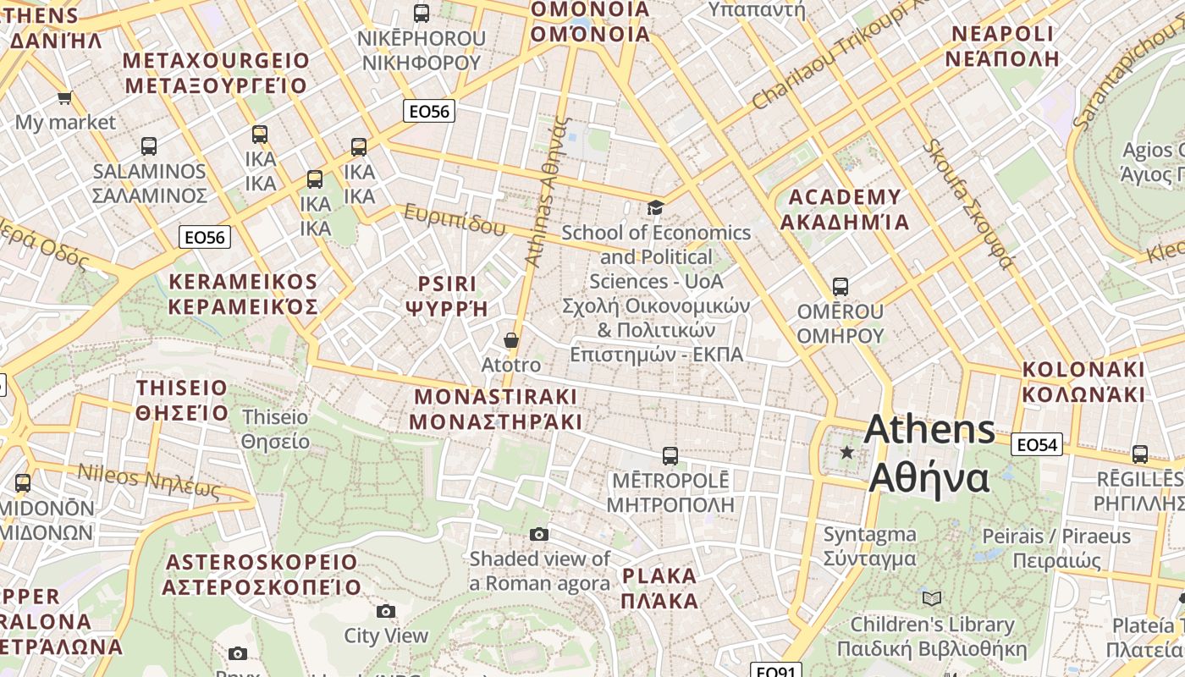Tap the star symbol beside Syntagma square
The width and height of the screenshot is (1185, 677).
point(847,453)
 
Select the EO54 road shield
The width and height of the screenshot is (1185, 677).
point(1037,444)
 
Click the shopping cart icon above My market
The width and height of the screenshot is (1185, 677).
point(64,98)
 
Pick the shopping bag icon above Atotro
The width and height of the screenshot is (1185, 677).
point(510,340)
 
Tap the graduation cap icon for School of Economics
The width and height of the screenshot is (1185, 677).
point(655,207)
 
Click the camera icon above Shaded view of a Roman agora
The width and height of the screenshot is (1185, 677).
point(539,534)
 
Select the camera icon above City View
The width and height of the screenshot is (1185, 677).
point(386,611)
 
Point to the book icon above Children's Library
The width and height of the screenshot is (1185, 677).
point(932,599)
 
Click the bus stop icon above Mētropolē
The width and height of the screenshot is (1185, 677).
point(670,456)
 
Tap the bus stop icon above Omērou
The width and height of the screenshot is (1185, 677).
point(840,287)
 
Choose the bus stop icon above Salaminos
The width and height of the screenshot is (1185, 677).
point(149,146)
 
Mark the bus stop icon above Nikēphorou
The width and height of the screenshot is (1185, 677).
point(421,14)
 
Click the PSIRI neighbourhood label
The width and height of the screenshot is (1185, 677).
point(447,295)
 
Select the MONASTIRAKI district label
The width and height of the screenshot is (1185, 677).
point(496,409)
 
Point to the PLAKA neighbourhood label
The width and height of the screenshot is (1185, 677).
point(659,588)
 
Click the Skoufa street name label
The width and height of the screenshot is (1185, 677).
point(967,203)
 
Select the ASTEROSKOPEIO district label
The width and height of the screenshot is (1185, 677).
point(262,574)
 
